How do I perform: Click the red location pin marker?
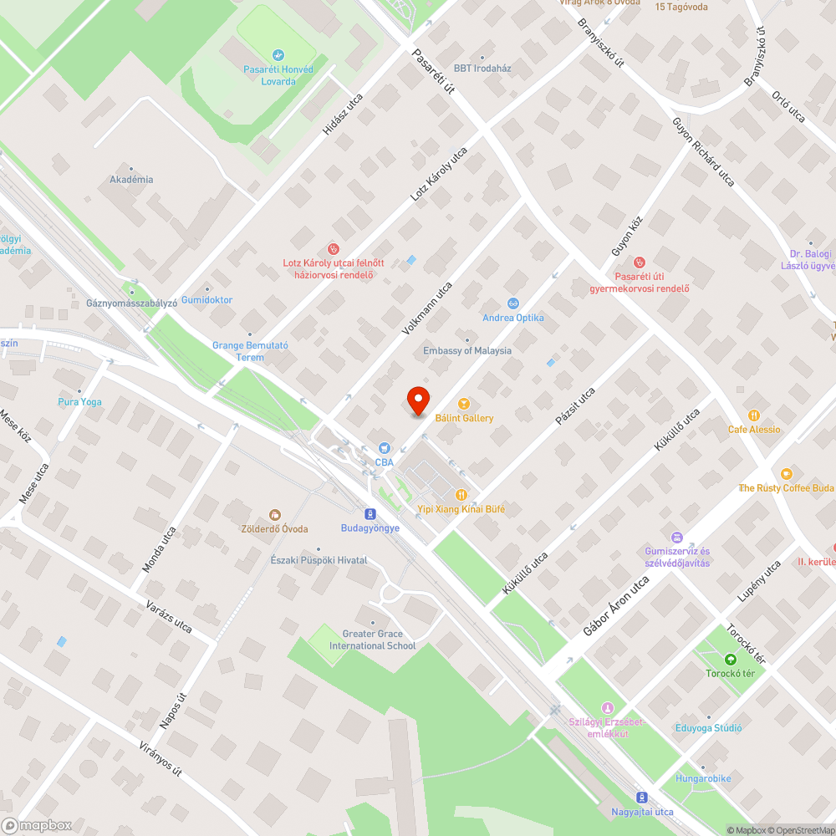tap(417, 400)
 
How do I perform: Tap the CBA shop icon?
tap(384, 449)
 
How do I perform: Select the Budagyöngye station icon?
tap(370, 513)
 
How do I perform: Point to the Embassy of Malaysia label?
tap(467, 351)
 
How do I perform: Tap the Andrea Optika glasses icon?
tap(513, 303)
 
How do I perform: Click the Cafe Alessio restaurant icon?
tap(754, 415)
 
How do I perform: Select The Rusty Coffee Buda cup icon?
tap(786, 473)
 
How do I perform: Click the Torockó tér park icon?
tap(731, 659)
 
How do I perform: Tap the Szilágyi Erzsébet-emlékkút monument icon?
tap(608, 707)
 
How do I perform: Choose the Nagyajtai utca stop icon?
tap(641, 798)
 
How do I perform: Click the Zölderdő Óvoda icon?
tap(274, 515)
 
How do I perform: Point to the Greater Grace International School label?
tap(373, 640)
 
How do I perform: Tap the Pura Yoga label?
tap(79, 402)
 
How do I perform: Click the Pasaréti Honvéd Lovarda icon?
tap(278, 55)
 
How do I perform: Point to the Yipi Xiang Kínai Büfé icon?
tap(461, 494)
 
